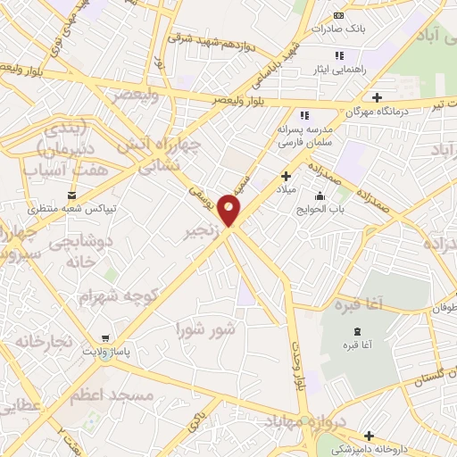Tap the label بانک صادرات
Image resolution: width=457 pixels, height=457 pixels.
click(x=337, y=29)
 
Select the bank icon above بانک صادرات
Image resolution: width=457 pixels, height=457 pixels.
click(x=338, y=15)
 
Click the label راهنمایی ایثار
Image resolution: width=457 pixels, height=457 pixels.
click(x=339, y=69)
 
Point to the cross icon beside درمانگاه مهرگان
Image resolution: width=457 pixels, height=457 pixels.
click(x=377, y=97)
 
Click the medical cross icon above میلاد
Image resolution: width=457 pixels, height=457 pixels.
click(x=286, y=176)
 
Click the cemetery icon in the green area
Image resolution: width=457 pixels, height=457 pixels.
click(x=348, y=344)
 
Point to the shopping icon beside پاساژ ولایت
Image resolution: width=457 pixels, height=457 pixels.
click(x=106, y=338)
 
